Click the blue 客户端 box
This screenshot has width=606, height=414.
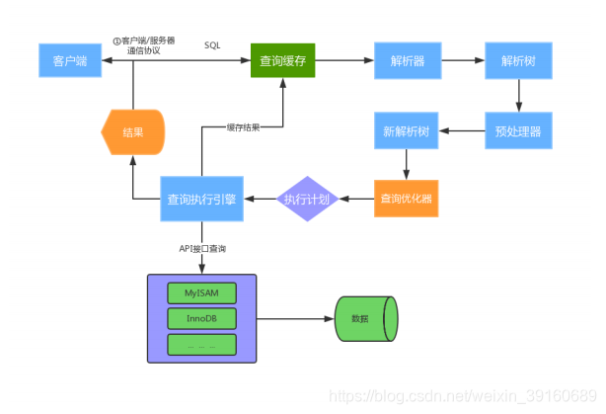click(69, 60)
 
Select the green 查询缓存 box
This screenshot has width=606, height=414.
click(281, 60)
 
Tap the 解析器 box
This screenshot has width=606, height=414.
click(401, 60)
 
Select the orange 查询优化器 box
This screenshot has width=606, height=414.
click(406, 199)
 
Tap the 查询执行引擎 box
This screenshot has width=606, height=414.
click(202, 199)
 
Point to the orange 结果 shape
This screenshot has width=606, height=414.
click(133, 130)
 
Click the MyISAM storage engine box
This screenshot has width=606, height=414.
click(201, 293)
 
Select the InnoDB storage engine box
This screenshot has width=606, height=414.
click(201, 319)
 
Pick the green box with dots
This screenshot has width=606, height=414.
click(201, 345)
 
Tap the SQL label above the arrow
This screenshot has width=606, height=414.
click(212, 45)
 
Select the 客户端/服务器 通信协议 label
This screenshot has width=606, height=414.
click(146, 45)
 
